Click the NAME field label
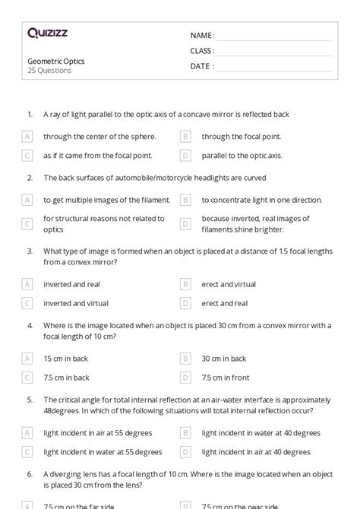(x=201, y=35)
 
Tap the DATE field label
(x=201, y=66)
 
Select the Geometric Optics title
(x=55, y=61)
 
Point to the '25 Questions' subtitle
(x=49, y=71)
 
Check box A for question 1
(x=27, y=137)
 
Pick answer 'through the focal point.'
(x=241, y=137)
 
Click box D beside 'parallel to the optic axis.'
(x=185, y=155)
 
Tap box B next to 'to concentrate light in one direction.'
(x=185, y=200)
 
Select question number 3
(x=30, y=250)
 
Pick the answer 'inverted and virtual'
(x=75, y=302)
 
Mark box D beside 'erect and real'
(x=185, y=302)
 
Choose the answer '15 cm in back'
(x=66, y=358)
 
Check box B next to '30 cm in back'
(x=185, y=358)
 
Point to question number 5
(x=30, y=399)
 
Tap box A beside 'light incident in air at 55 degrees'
(x=27, y=432)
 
